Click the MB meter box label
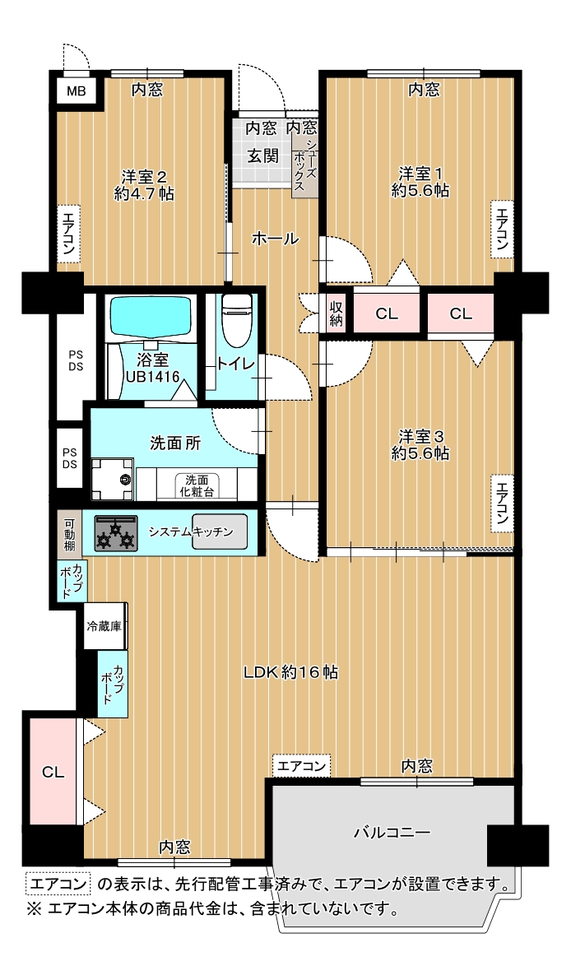pos(77,92)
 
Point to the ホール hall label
pos(275,238)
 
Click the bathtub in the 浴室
pos(151,317)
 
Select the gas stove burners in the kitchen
pos(116,533)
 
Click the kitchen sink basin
pos(220,532)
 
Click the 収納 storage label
pos(337,313)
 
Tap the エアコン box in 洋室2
pos(67,234)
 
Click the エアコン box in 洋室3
pos(501,504)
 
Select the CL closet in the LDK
pos(53,773)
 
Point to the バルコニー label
pos(392,832)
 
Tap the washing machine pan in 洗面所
pos(113,479)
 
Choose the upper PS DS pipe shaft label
pos(76,360)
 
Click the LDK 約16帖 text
pos(290,672)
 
